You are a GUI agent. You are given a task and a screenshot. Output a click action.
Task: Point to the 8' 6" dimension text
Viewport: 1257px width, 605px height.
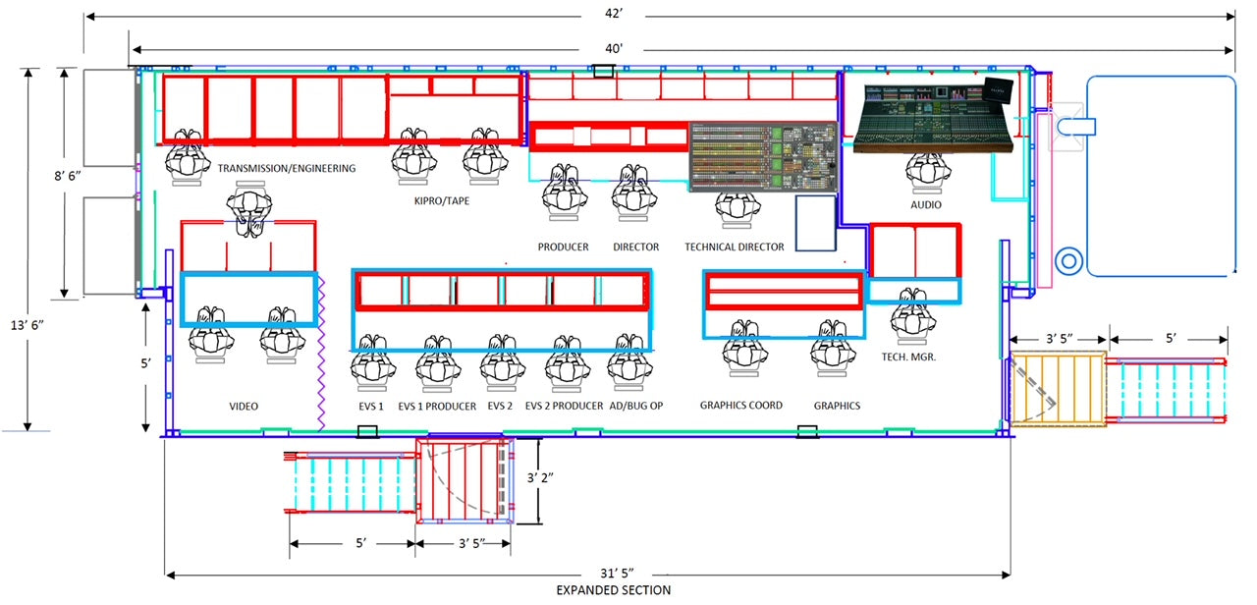66,182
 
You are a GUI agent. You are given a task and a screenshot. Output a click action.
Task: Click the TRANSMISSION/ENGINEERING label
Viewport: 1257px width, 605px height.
287,169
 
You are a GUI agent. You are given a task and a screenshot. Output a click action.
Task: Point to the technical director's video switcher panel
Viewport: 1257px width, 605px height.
762,156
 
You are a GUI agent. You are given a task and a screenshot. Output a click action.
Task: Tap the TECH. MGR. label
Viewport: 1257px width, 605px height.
909,357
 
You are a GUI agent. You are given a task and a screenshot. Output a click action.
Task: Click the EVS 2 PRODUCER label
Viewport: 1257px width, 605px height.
564,406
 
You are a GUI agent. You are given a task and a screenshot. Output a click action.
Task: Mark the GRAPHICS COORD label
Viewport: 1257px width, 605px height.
741,405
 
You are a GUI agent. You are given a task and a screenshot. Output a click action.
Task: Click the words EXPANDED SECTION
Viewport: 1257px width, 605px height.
613,590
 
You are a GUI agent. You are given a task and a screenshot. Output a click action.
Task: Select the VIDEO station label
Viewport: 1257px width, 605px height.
244,406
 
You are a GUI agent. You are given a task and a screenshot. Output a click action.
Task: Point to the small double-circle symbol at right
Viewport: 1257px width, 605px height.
1069,261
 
